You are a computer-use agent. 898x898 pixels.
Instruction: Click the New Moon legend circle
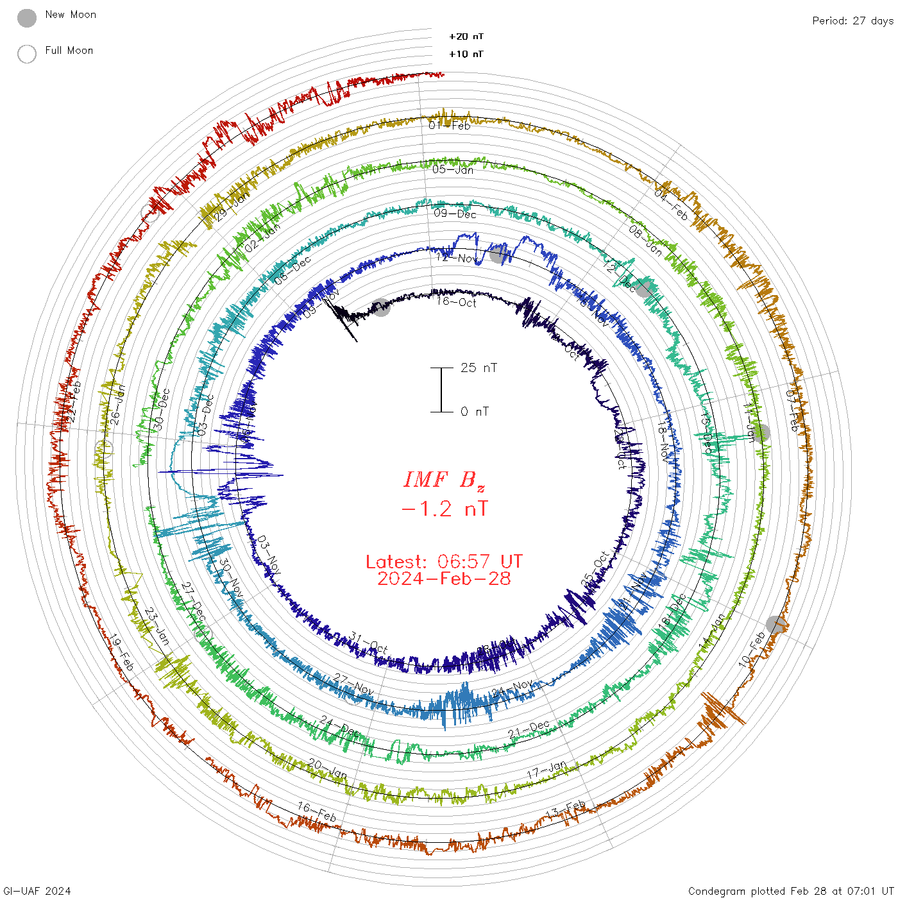[27, 18]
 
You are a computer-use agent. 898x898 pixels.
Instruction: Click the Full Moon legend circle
[27, 54]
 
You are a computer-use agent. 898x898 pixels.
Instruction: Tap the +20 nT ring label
[466, 37]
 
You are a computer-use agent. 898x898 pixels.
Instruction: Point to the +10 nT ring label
[466, 54]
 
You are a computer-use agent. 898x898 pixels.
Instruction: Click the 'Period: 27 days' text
[852, 21]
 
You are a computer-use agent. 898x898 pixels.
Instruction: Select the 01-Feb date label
[450, 125]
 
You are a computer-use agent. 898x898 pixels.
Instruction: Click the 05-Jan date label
[453, 169]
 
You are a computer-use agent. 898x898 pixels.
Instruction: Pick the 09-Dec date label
[455, 214]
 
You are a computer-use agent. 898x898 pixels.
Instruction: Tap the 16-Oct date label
[456, 301]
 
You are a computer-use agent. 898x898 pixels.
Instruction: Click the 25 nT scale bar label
[479, 368]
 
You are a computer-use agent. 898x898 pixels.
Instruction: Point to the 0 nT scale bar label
[475, 411]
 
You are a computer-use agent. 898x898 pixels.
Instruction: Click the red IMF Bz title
[444, 480]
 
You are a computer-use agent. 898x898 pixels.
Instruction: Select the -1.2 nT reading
[444, 509]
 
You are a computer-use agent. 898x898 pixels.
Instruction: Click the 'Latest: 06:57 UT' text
[444, 562]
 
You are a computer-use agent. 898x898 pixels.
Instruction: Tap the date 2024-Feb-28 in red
[444, 579]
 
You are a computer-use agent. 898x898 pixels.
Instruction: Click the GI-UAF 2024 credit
[37, 891]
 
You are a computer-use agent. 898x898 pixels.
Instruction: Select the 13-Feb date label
[565, 811]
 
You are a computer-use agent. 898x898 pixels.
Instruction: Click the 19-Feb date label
[121, 653]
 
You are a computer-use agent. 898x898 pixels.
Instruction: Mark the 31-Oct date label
[369, 643]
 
